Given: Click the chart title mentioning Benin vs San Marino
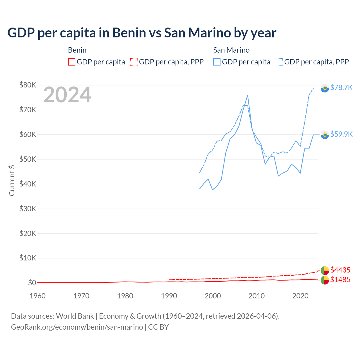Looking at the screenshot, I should click(142, 33).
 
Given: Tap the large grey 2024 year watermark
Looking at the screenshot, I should click(67, 95).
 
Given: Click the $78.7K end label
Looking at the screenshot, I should click(341, 87).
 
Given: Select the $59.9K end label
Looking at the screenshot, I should click(341, 134).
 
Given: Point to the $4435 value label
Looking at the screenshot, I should click(340, 270).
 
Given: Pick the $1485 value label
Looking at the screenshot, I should click(340, 280).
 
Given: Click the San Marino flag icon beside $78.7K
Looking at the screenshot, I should click(325, 88).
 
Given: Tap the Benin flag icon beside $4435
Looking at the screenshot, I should click(325, 271).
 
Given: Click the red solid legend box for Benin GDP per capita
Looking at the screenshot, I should click(72, 62).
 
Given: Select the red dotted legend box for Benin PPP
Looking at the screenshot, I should click(134, 62).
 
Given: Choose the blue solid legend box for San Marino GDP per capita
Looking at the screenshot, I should click(217, 62).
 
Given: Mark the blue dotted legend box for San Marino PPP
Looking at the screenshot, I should click(279, 62).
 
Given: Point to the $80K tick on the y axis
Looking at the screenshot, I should click(28, 85).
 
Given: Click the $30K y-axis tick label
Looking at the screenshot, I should click(28, 209).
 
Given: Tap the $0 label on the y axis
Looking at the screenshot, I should click(32, 283).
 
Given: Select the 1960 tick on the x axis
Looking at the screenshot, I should click(37, 296).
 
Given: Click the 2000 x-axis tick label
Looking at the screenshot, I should click(213, 296).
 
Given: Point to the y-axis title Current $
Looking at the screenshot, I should click(12, 180).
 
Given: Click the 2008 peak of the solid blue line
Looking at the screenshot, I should click(247, 95).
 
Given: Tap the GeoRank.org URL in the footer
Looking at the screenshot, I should click(77, 327).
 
